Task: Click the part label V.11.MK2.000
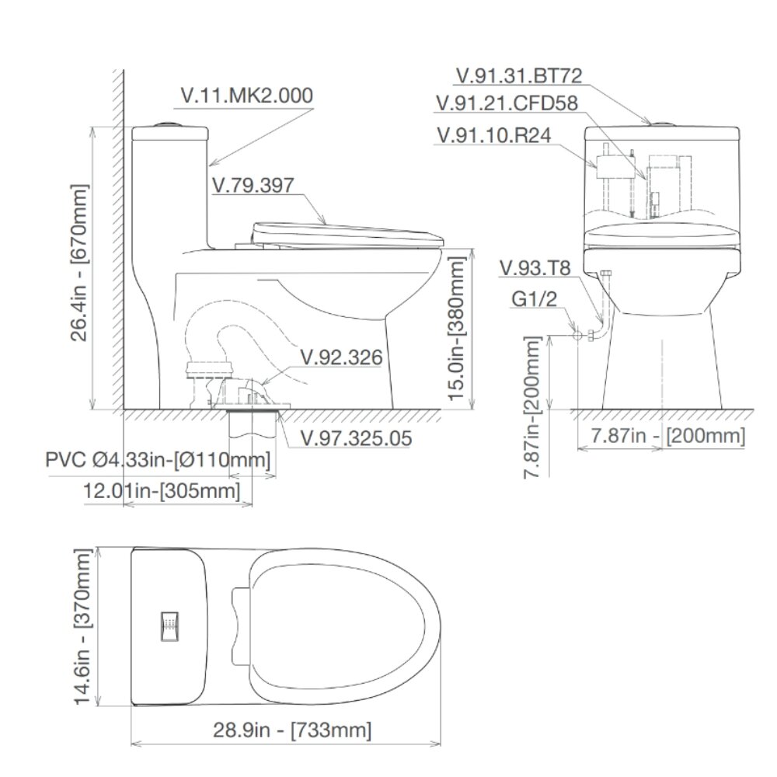pyautogui.click(x=246, y=96)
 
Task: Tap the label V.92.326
pyautogui.click(x=341, y=357)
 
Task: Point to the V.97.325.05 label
pyautogui.click(x=355, y=438)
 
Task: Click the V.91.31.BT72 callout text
pyautogui.click(x=519, y=76)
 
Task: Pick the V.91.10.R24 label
pyautogui.click(x=494, y=134)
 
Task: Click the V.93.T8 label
pyautogui.click(x=535, y=269)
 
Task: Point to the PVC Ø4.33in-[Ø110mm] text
pyautogui.click(x=159, y=460)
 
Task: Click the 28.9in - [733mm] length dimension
pyautogui.click(x=291, y=730)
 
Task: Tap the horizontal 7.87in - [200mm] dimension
pyautogui.click(x=667, y=436)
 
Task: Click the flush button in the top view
pyautogui.click(x=169, y=626)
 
